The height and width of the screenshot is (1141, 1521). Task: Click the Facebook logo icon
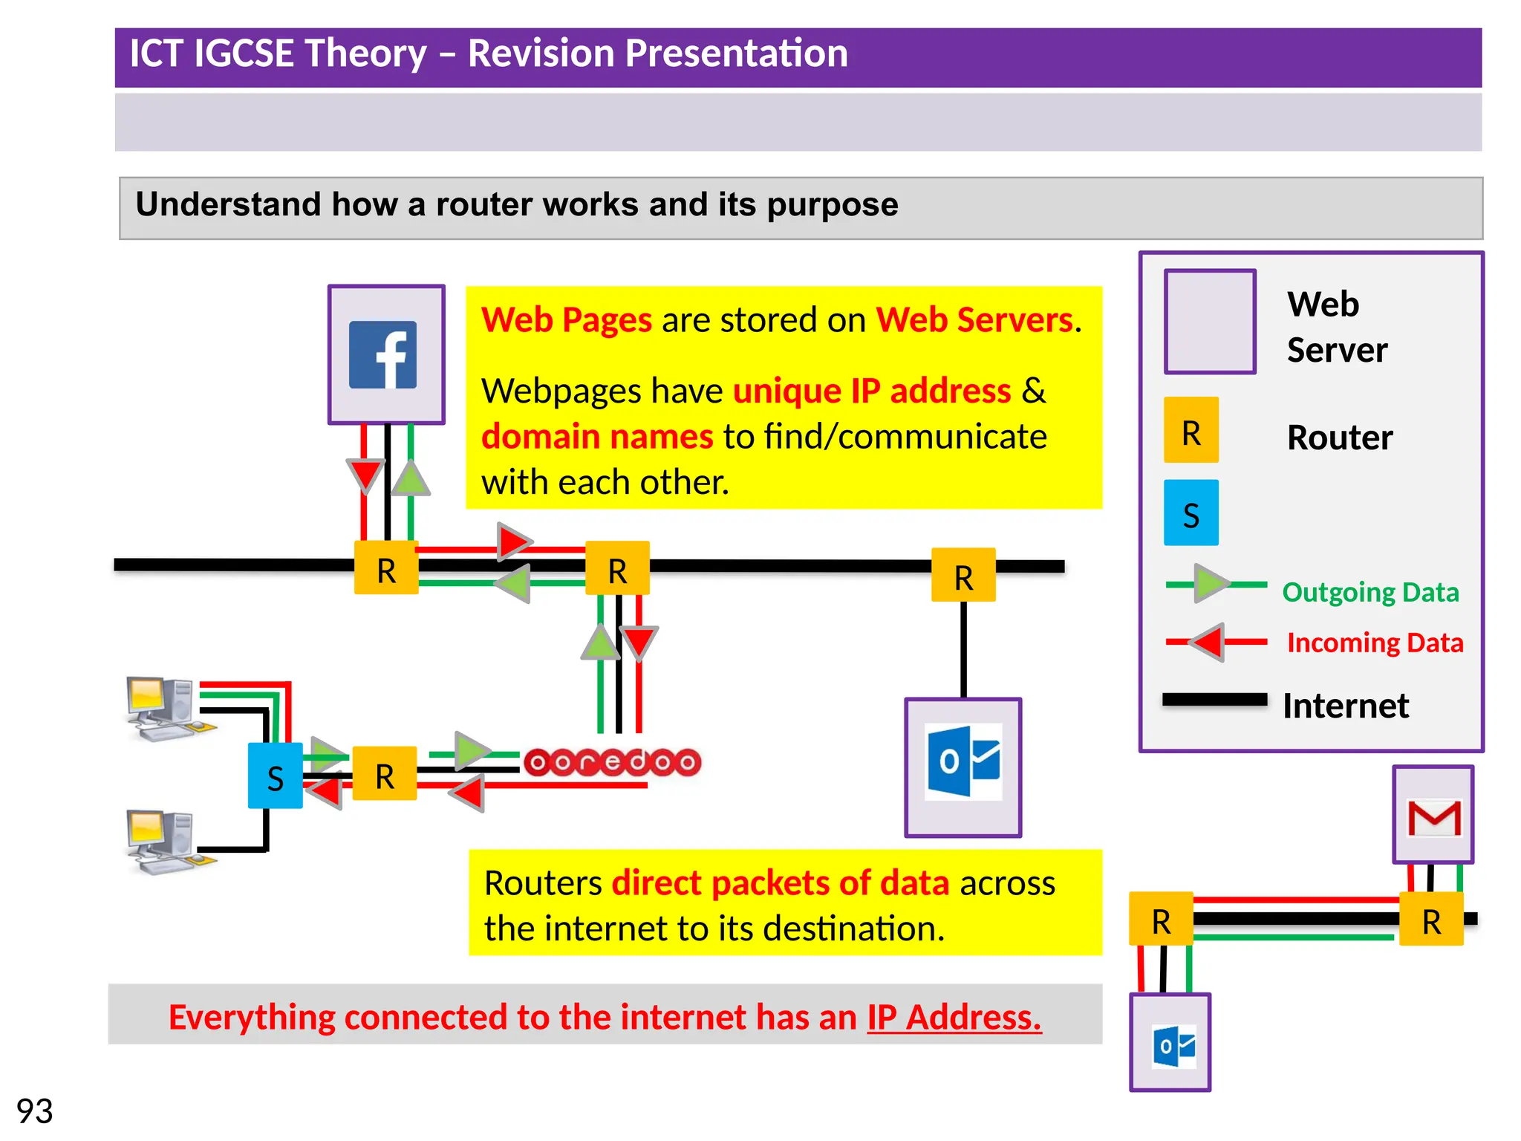pos(382,354)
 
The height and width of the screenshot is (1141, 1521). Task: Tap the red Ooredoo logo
pos(612,762)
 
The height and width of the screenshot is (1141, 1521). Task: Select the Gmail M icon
pos(1434,818)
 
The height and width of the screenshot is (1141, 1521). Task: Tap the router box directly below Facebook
pos(386,568)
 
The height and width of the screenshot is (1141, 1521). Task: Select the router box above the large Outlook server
pos(963,575)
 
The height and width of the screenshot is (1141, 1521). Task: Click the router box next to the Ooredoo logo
pos(384,774)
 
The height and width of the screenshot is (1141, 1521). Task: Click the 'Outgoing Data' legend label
pos(1370,592)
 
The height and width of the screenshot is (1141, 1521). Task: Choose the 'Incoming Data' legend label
pos(1375,643)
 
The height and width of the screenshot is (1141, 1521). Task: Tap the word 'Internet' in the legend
pos(1345,706)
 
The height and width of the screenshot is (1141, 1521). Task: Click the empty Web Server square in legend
pos(1210,322)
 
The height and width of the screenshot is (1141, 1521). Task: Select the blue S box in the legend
pos(1191,513)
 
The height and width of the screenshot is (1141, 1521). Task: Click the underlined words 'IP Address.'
pos(954,1017)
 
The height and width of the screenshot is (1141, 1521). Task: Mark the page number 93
pos(34,1111)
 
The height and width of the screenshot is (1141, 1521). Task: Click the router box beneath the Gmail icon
pos(1431,920)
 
